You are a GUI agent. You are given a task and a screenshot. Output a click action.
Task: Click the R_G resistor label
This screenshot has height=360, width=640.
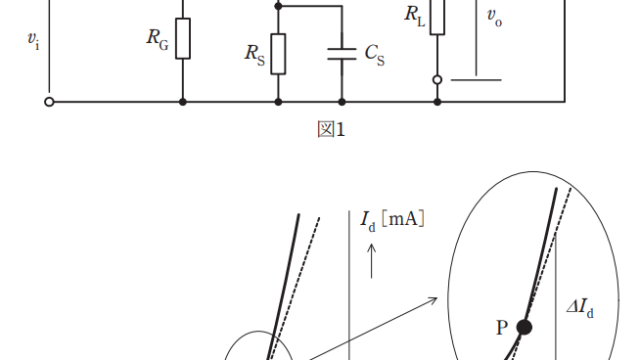[x=158, y=38]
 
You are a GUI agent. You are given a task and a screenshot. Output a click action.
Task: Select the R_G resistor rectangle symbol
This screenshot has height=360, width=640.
[x=183, y=38]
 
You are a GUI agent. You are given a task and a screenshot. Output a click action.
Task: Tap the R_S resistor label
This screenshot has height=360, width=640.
[x=255, y=54]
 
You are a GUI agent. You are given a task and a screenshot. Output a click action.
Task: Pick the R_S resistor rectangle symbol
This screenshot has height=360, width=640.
[x=278, y=54]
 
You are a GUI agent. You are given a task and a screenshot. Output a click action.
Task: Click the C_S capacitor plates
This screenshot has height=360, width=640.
[x=342, y=54]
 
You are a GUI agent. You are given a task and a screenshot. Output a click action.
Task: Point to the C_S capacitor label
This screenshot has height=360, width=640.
[x=374, y=54]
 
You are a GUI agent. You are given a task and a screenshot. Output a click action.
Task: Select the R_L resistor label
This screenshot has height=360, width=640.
[x=415, y=16]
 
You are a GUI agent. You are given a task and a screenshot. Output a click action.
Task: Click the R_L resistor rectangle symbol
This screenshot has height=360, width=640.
[x=437, y=16]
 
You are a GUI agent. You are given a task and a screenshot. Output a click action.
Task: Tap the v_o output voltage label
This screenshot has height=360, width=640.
[x=494, y=18]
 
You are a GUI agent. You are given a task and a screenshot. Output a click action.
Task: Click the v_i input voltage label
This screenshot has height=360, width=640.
[x=33, y=40]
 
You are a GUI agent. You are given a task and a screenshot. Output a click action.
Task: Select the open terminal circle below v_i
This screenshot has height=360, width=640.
[x=49, y=102]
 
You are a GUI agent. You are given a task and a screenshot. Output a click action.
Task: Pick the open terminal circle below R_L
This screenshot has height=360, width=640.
[x=437, y=80]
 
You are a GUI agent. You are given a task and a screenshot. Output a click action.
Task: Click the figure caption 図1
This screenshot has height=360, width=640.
[x=331, y=129]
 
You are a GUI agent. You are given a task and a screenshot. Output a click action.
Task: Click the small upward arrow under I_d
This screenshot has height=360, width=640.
[x=371, y=261]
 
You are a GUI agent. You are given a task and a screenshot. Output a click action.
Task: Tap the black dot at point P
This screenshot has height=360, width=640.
[x=524, y=327]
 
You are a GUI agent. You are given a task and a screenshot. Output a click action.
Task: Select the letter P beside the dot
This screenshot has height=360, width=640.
[x=502, y=328]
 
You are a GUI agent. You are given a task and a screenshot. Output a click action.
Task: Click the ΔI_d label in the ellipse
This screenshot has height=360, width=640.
[x=580, y=308]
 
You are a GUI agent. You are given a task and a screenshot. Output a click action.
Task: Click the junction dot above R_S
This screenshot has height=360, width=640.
[x=278, y=6]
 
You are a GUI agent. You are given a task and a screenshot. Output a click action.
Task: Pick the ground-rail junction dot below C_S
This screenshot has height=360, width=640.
[x=342, y=102]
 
